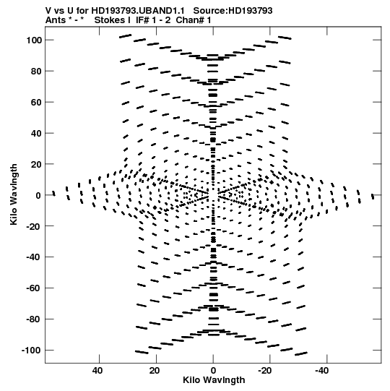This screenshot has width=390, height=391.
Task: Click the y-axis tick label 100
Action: [34, 40]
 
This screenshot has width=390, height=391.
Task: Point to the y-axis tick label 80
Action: [36, 72]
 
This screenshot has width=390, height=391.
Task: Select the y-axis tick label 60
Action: [36, 102]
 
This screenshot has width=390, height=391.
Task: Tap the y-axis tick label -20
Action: [35, 226]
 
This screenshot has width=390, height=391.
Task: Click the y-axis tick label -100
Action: [32, 351]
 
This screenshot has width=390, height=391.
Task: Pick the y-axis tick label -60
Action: [35, 288]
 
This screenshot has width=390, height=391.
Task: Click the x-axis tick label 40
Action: [97, 371]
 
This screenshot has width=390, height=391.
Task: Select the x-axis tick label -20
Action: [265, 371]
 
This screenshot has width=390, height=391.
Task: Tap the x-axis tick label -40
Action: [321, 371]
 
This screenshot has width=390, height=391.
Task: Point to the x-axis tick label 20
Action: [155, 371]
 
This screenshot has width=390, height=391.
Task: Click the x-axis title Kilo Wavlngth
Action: [214, 380]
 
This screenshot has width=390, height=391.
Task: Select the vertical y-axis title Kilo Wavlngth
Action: [14, 194]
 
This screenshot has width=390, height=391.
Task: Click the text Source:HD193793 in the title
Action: [233, 10]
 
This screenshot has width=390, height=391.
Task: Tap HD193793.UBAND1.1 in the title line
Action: [138, 10]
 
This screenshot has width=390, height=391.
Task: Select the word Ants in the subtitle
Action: [56, 20]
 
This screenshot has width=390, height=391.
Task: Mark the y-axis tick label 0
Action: [38, 195]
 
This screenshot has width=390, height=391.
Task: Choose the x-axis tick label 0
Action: [213, 371]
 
